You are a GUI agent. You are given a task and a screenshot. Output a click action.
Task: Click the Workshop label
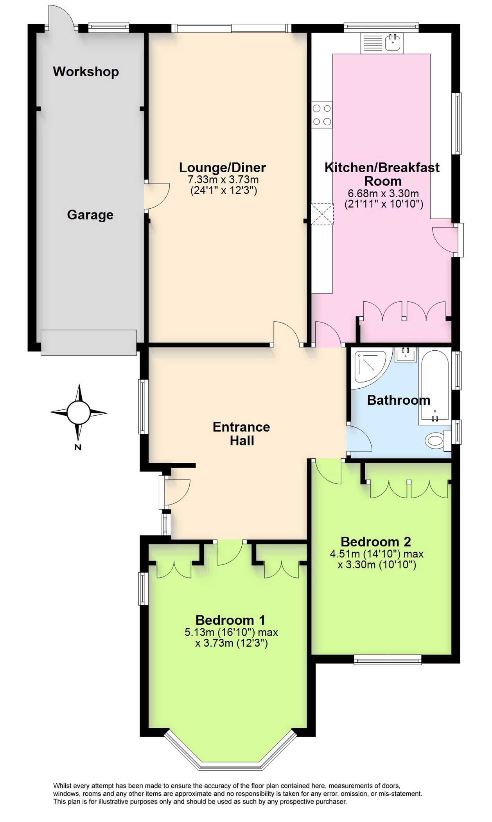coord(86,72)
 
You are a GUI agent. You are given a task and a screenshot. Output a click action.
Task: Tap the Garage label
coord(90,215)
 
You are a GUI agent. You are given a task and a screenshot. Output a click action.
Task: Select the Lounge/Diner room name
coord(222,168)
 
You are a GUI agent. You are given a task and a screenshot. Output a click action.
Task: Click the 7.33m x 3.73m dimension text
coord(223,180)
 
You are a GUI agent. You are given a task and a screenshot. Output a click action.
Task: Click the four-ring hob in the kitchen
coord(322,115)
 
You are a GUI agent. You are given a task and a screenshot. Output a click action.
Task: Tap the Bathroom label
coord(398,400)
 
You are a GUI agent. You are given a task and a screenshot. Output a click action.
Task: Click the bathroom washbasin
coord(405,355)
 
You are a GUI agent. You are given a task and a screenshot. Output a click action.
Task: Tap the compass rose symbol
coord(79,412)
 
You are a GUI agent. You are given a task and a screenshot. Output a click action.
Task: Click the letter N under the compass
coord(78,447)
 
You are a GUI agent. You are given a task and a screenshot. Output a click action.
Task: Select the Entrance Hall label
coord(241,434)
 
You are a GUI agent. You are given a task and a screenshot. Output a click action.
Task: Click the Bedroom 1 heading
coord(230,620)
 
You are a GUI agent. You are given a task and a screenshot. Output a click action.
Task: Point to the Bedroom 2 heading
coord(375,542)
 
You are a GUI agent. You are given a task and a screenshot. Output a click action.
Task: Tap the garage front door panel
coord(89,343)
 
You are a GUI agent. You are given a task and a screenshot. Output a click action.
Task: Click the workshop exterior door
coord(61,18)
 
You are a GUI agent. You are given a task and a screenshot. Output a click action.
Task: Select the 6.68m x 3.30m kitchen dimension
coord(383,193)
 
